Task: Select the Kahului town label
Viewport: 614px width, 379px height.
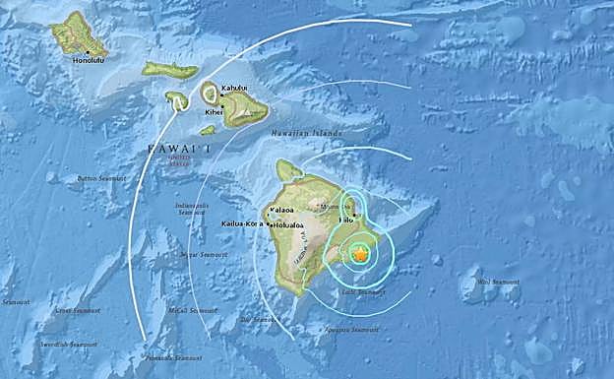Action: click(x=234, y=89)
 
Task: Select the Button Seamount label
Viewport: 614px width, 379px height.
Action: click(x=99, y=178)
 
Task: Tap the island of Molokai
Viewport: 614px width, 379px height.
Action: click(x=169, y=70)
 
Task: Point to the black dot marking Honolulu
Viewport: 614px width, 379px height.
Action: click(x=88, y=51)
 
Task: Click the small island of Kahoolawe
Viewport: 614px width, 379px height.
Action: click(x=208, y=129)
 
